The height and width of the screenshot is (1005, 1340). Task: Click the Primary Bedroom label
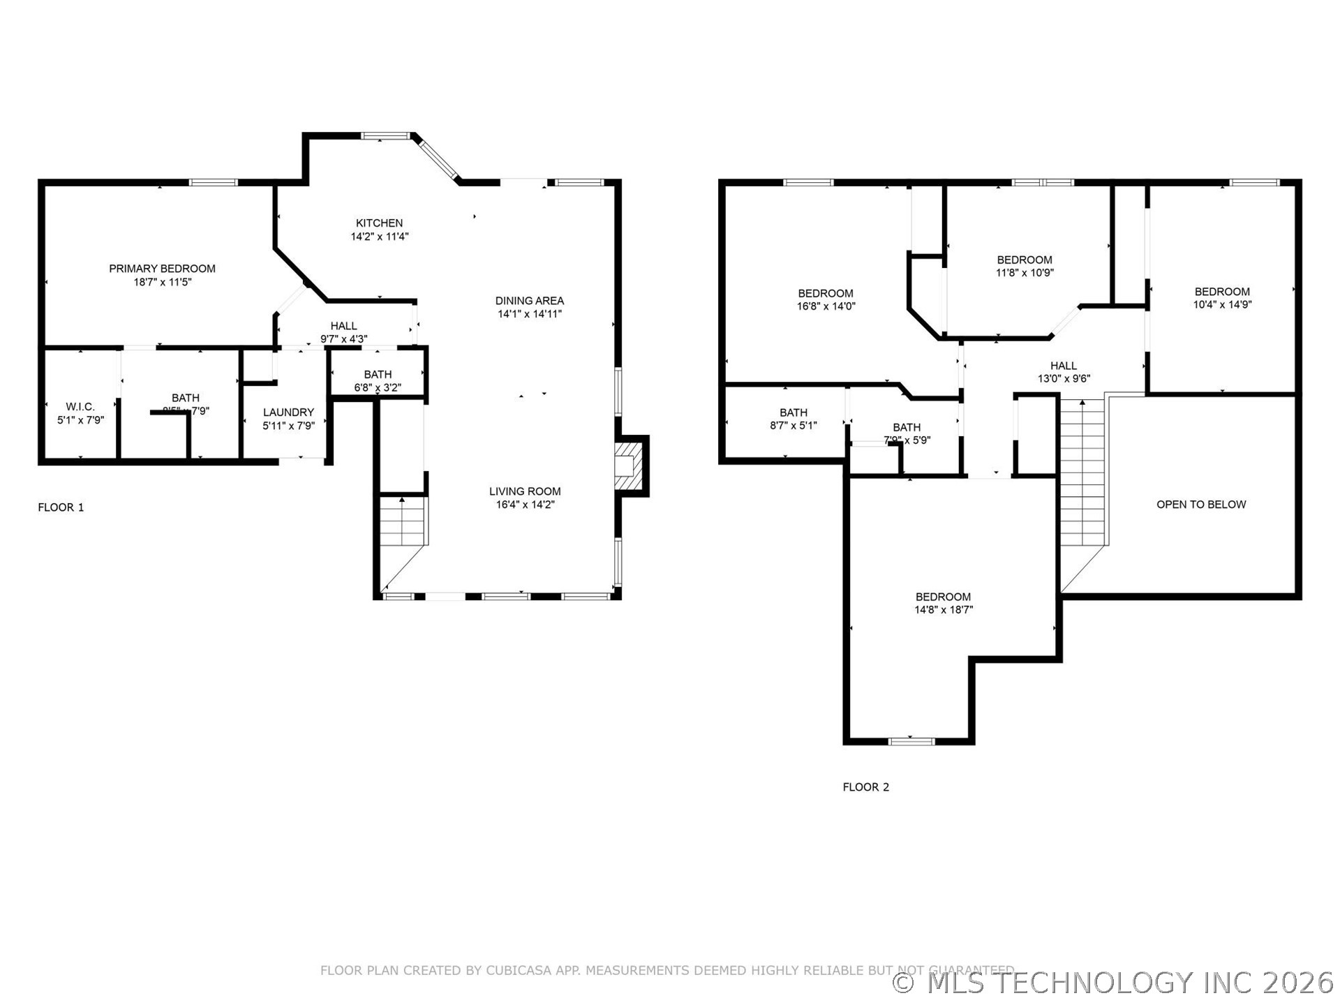pos(162,269)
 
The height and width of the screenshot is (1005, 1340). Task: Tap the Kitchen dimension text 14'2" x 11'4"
pos(379,237)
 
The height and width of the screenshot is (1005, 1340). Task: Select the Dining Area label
pos(529,301)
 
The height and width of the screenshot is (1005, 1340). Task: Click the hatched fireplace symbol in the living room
pos(626,466)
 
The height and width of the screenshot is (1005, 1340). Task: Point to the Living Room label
pos(524,491)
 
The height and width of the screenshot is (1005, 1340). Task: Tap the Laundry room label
pos(288,412)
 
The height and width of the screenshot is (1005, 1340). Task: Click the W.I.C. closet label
pos(80,407)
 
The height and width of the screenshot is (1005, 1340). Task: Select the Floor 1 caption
pos(61,507)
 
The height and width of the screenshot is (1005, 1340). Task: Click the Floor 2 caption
pos(865,787)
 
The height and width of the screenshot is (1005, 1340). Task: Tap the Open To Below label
pos(1200,505)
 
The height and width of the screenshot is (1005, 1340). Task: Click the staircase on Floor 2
pos(1082,475)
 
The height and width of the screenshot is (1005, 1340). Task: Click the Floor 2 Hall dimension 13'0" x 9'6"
pos(1063,379)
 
